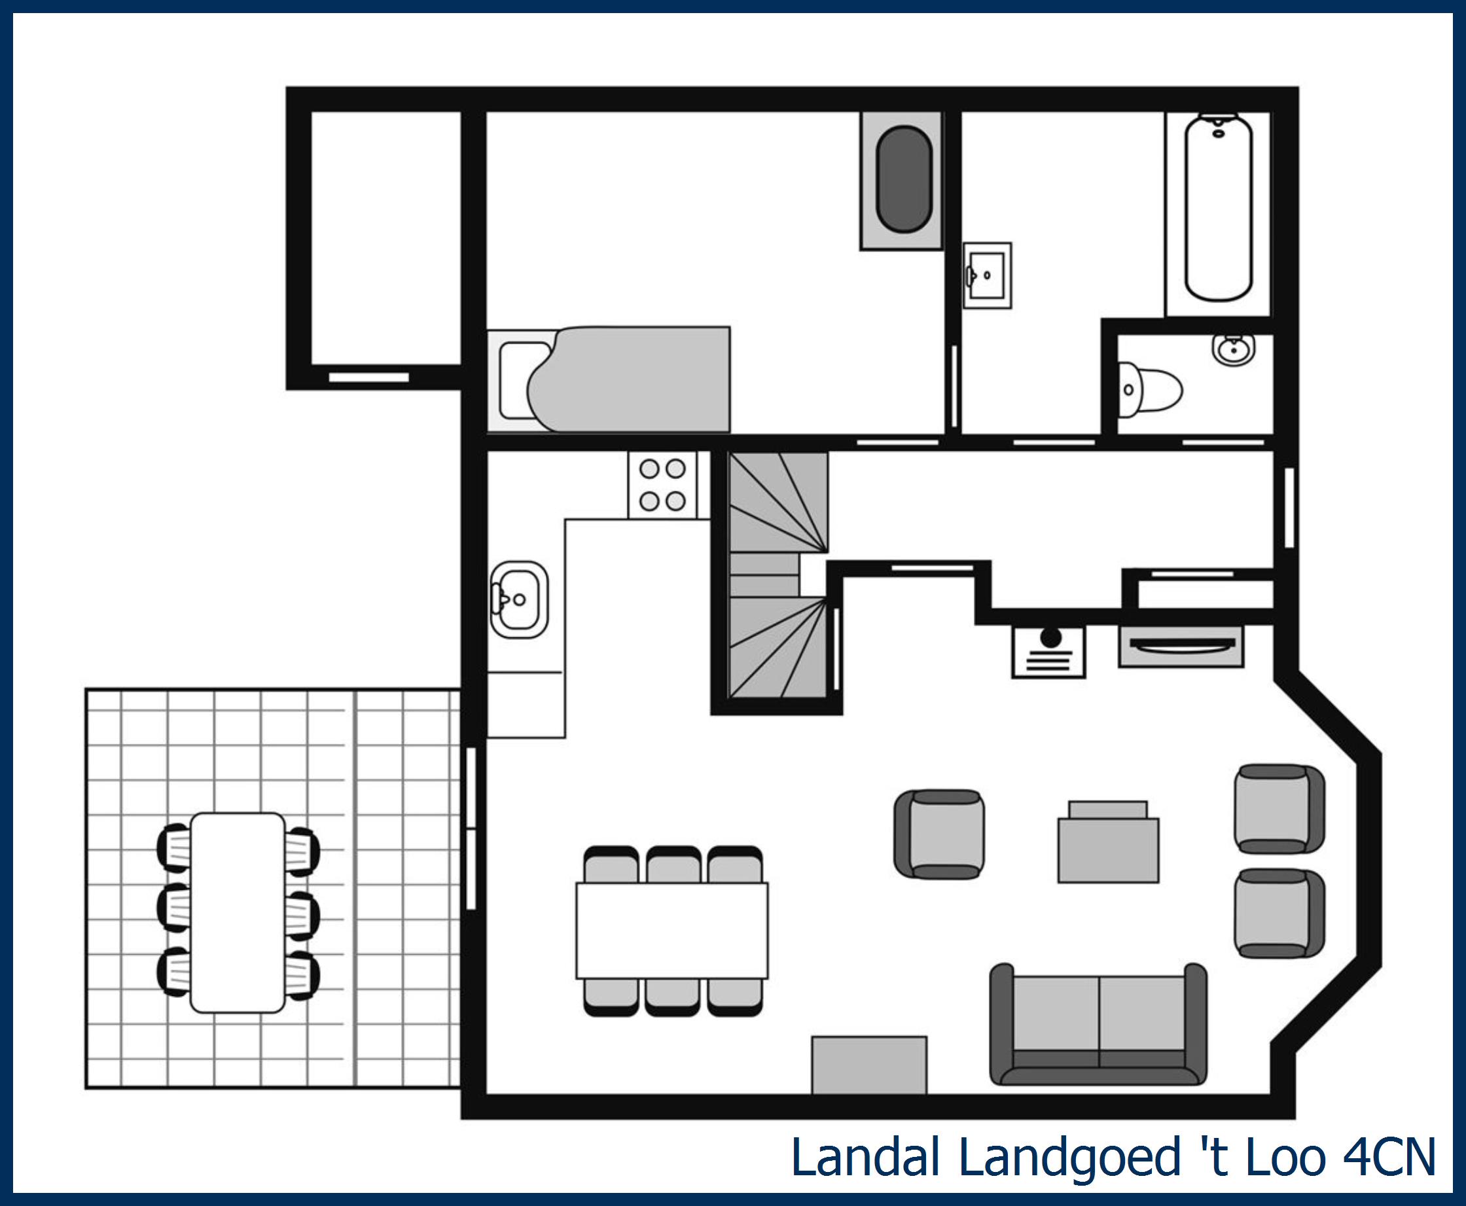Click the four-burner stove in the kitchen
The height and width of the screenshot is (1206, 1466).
(x=662, y=485)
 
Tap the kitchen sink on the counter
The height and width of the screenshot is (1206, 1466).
(x=519, y=599)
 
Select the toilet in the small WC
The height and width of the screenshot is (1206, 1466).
(x=1149, y=390)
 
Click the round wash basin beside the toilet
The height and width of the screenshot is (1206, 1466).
(x=1234, y=349)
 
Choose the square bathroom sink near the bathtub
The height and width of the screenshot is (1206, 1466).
(x=986, y=275)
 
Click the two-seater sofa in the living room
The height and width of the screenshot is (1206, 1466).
(x=1098, y=1025)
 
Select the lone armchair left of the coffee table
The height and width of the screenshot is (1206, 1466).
(x=939, y=834)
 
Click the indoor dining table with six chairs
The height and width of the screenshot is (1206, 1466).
(x=672, y=931)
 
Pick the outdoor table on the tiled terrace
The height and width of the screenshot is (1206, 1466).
(x=238, y=912)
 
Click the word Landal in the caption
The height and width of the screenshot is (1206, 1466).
(x=866, y=1158)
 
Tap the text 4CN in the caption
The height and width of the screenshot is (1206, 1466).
(x=1389, y=1158)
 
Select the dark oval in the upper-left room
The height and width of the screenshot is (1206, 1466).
(x=904, y=179)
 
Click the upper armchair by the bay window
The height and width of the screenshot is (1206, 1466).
(x=1279, y=809)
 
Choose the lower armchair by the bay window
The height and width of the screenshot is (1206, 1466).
(x=1279, y=913)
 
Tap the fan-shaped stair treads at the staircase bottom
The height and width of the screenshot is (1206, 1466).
(x=778, y=650)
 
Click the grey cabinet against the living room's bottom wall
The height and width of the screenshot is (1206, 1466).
(x=869, y=1065)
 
